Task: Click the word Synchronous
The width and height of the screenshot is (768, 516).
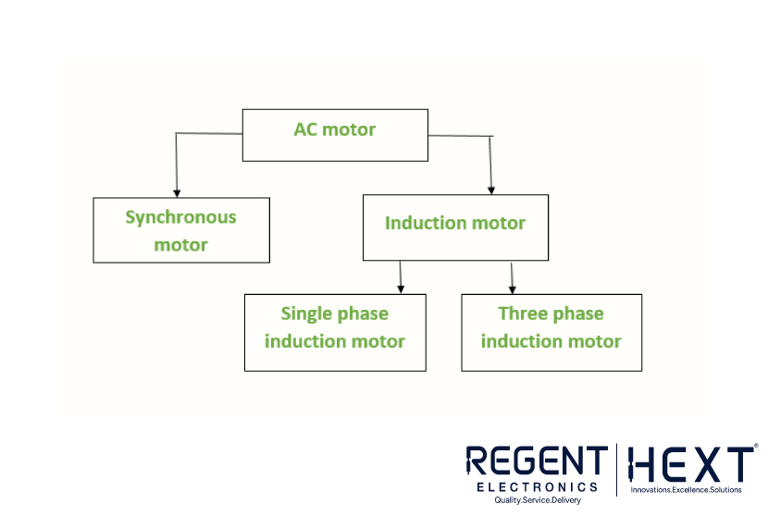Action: (180, 217)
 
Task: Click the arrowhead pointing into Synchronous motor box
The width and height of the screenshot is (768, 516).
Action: (177, 194)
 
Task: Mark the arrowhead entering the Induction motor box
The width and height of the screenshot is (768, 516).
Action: (491, 190)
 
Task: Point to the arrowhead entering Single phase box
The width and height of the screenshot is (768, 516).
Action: (401, 289)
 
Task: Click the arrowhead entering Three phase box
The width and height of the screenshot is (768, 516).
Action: (513, 289)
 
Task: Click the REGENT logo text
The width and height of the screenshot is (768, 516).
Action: (537, 461)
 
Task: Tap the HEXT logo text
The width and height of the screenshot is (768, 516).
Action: (691, 463)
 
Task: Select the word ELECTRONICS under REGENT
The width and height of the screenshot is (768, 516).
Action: (538, 487)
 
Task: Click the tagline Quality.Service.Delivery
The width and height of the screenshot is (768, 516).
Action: (538, 500)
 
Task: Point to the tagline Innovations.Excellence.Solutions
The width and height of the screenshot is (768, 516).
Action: (686, 489)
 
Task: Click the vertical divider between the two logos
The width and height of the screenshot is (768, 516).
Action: (616, 470)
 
